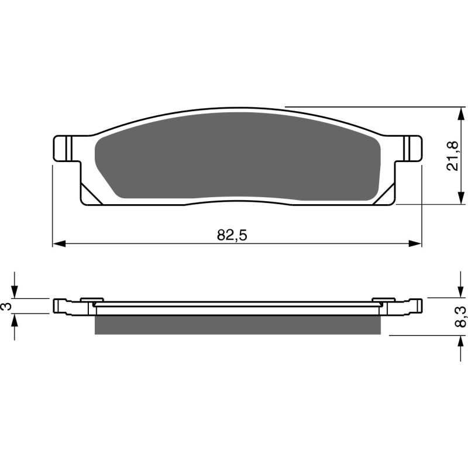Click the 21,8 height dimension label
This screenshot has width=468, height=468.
coord(452,156)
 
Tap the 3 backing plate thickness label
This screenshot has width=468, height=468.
coord(6,307)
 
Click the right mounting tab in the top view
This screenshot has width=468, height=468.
coord(412,148)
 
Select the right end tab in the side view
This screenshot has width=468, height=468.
coord(415,305)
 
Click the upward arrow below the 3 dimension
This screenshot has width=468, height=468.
coord(16,321)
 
